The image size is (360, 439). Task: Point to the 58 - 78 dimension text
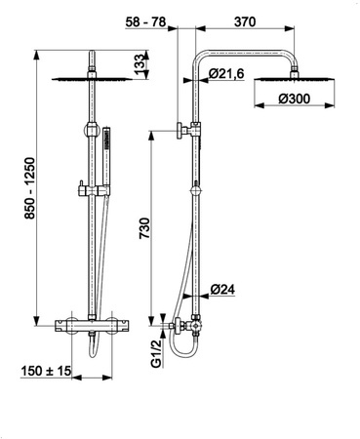[147, 19]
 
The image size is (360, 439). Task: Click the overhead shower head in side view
[299, 77]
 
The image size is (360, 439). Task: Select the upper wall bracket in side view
[185, 130]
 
